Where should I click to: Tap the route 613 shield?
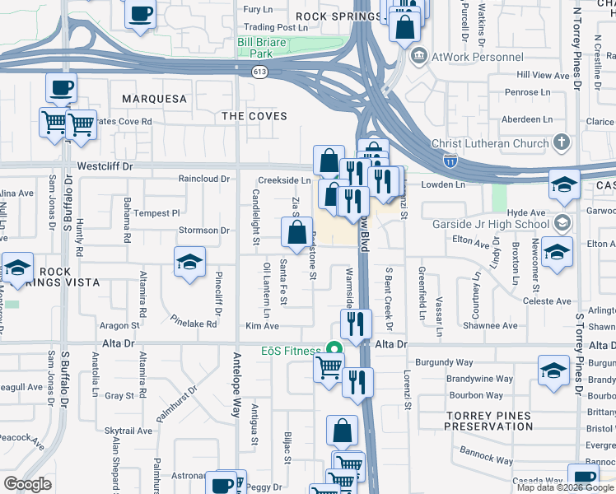(259, 72)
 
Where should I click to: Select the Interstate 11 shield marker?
(450, 160)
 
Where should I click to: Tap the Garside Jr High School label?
(491, 224)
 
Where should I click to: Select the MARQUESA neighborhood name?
(154, 99)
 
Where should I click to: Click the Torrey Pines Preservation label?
(488, 421)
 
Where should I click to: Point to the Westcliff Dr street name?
(105, 165)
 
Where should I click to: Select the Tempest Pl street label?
(151, 212)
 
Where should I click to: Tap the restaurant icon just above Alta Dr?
(357, 324)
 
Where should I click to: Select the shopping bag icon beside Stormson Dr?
(297, 232)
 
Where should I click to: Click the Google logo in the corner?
(27, 484)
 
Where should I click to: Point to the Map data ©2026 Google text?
(564, 487)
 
